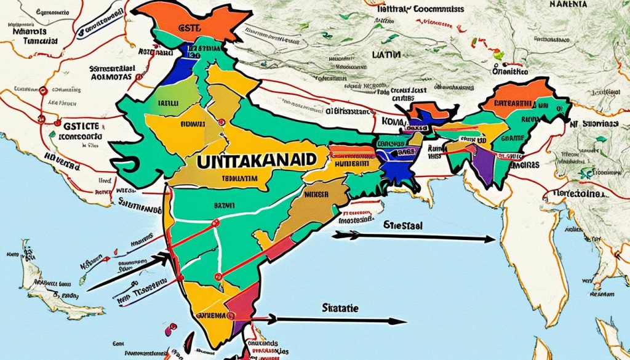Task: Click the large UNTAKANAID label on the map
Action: point(258,159)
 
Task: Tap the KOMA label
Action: point(391,122)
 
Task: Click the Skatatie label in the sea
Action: point(339,305)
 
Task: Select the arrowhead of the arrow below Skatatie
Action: point(403,321)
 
